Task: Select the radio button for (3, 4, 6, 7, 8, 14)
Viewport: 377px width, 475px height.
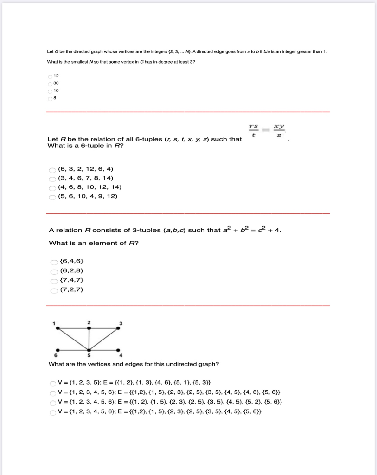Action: pyautogui.click(x=52, y=178)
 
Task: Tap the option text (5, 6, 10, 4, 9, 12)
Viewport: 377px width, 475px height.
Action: pyautogui.click(x=88, y=196)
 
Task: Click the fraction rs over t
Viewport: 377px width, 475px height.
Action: pyautogui.click(x=253, y=130)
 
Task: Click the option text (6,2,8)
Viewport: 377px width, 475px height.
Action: pyautogui.click(x=72, y=271)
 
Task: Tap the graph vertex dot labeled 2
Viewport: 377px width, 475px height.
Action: pyautogui.click(x=89, y=328)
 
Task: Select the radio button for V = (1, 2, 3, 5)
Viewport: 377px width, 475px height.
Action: pyautogui.click(x=52, y=383)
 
